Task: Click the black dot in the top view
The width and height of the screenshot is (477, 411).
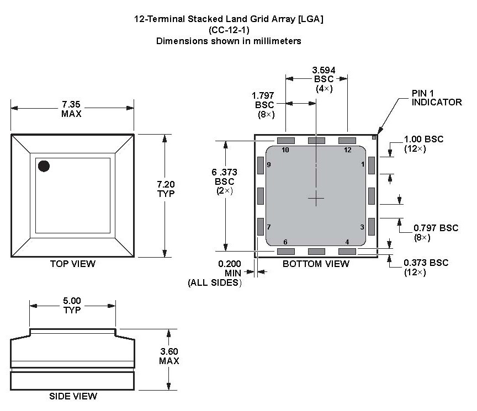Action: click(x=43, y=166)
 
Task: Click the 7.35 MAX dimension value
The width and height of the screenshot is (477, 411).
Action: click(x=72, y=109)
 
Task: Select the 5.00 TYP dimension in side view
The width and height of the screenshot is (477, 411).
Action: click(x=72, y=305)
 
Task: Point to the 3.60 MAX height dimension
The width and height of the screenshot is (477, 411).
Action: click(x=168, y=356)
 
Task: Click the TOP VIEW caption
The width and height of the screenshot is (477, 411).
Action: click(x=72, y=264)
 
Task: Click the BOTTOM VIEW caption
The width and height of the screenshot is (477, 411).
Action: click(x=316, y=264)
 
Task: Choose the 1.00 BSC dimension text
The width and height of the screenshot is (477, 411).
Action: click(x=423, y=144)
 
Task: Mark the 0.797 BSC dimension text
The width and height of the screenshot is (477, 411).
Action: click(x=436, y=232)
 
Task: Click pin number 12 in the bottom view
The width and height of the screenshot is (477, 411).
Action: click(x=347, y=150)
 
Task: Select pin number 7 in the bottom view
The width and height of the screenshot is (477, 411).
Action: click(x=269, y=227)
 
